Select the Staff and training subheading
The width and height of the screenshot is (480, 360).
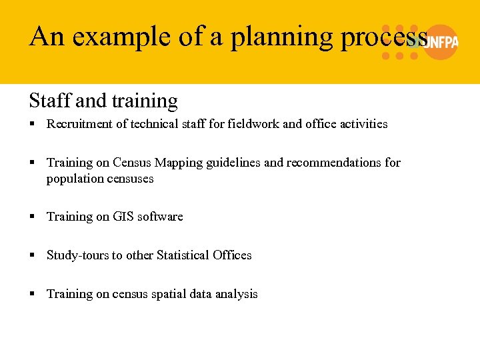pyautogui.click(x=103, y=101)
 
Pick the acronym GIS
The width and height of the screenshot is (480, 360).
pyautogui.click(x=121, y=217)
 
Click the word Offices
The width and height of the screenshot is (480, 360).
pyautogui.click(x=232, y=255)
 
